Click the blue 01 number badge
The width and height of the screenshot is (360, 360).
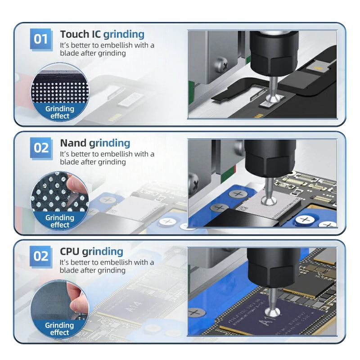tap(41, 39)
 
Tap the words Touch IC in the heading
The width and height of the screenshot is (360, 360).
tap(81, 34)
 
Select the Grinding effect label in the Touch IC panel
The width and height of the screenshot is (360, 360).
tap(59, 112)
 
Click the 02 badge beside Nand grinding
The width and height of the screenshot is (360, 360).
tap(41, 148)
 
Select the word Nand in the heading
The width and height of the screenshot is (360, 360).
tap(73, 143)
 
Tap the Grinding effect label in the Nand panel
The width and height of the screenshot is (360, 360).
tap(59, 221)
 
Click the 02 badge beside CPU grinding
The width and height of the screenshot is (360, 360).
tap(41, 256)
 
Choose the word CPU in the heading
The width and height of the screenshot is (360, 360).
tap(70, 251)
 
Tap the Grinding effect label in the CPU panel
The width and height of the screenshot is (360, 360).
tap(59, 328)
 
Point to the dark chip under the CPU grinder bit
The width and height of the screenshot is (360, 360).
tap(270, 319)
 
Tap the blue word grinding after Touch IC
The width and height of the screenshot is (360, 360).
tap(124, 34)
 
